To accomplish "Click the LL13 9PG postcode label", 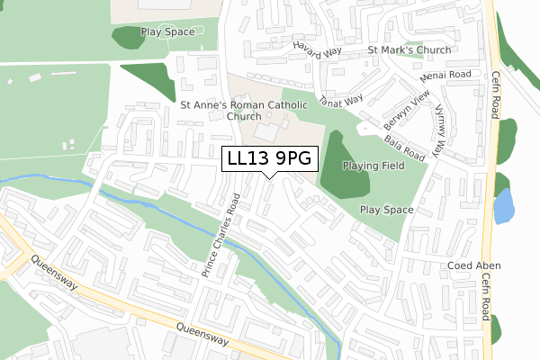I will pos(269,158).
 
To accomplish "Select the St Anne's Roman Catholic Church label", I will pos(244,111).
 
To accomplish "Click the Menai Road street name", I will pos(445,75).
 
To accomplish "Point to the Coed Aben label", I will pos(474,266).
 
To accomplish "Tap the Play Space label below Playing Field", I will pos(386,210).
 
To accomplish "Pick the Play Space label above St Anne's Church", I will pos(167,31).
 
